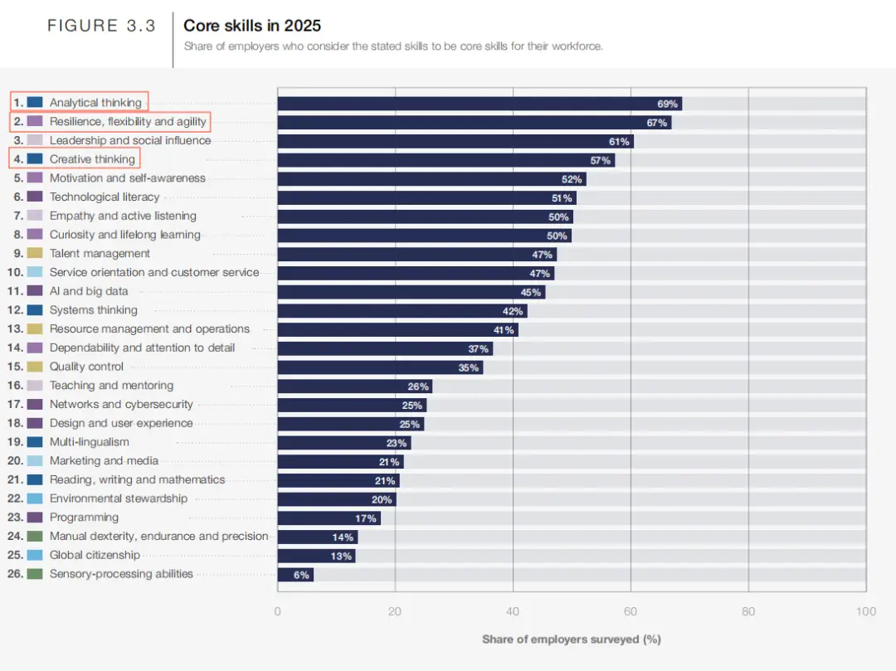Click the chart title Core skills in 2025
pos(252,26)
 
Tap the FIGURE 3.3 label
pos(101,26)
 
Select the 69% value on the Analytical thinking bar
pos(667,104)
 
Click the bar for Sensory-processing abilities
pos(295,575)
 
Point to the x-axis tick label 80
pos(748,611)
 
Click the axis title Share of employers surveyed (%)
pos(572,639)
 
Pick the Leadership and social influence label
pos(130,140)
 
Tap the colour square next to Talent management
pos(35,253)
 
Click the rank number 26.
pos(16,573)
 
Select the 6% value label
pos(301,575)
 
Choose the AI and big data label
pos(89,291)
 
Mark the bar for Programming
pos(329,518)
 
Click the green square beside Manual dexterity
pos(35,536)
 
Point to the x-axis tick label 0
pos(278,611)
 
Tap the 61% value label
pos(619,142)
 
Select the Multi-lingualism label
pos(89,442)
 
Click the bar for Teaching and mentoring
pos(355,386)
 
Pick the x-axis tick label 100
pos(865,611)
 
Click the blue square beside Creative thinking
pos(35,158)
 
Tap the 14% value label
pos(343,537)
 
